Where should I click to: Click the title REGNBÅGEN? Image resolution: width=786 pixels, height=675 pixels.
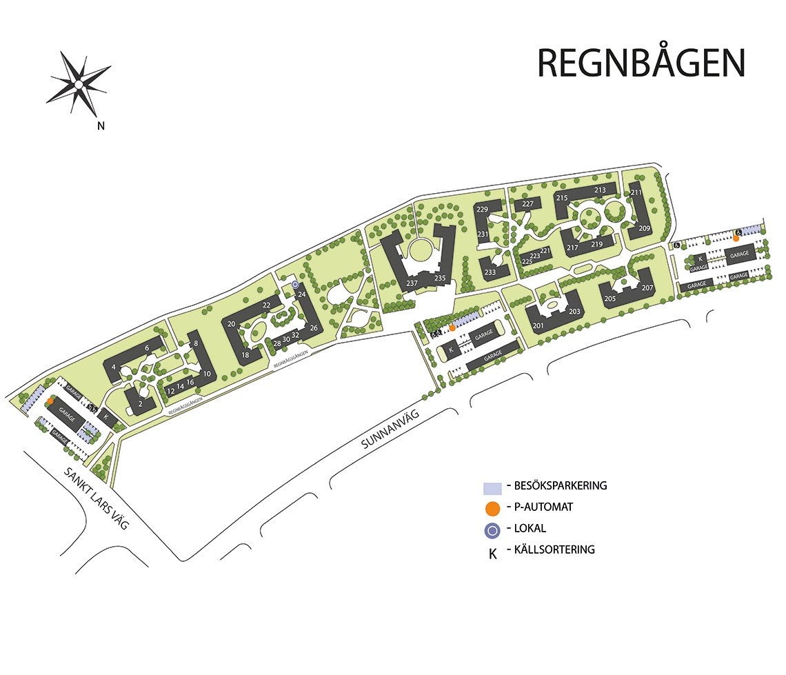click(x=641, y=63)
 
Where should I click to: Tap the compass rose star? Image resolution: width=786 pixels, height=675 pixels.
click(x=79, y=84)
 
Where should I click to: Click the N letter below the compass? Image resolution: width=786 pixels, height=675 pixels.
click(x=101, y=125)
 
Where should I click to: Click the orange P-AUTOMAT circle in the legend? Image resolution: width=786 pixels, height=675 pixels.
click(x=492, y=509)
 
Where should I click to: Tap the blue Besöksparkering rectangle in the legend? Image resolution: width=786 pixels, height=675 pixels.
click(x=492, y=487)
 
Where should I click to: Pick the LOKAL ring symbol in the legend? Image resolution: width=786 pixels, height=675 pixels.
click(x=492, y=530)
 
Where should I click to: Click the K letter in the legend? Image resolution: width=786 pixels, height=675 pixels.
click(x=492, y=553)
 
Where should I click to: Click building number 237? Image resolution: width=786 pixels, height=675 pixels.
click(x=412, y=283)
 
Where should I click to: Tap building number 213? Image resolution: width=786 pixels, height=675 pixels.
click(x=600, y=190)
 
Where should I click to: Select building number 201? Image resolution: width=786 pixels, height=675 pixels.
click(x=538, y=325)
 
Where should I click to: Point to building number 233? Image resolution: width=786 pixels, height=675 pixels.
click(x=490, y=272)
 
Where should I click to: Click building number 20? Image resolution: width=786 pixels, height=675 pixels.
click(x=232, y=324)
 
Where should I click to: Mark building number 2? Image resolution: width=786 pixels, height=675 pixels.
click(x=141, y=404)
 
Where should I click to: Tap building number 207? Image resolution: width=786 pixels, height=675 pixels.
click(x=647, y=288)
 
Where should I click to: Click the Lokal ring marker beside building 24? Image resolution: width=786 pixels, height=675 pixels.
click(x=295, y=284)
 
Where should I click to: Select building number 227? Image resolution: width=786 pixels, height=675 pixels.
click(x=528, y=204)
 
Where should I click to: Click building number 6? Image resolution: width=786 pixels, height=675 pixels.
click(x=147, y=349)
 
